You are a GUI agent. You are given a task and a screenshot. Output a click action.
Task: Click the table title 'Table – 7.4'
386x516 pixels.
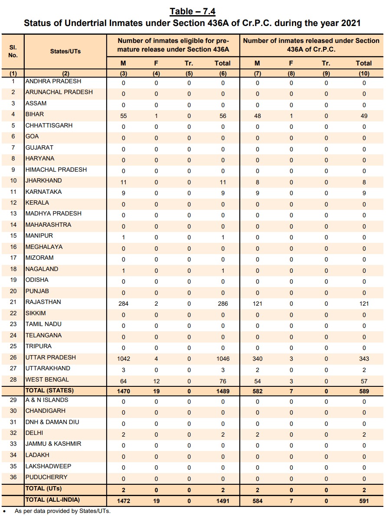coord(193,11)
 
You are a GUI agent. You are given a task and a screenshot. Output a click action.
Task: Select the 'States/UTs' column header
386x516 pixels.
coord(65,51)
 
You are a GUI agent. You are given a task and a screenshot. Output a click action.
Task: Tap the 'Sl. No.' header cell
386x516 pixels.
coord(13,51)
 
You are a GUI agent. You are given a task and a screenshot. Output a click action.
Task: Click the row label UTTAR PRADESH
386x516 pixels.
coord(51,357)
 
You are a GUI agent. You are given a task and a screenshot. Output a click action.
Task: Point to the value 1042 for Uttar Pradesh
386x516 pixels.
coord(123,359)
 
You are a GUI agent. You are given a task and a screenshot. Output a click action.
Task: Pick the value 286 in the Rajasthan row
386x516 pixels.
coord(222,304)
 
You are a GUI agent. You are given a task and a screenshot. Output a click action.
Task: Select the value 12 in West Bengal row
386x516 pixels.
coord(156,381)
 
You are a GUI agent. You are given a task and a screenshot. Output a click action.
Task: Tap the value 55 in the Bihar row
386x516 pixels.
coord(123,116)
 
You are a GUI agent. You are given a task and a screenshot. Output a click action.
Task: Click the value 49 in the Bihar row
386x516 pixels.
coord(364,116)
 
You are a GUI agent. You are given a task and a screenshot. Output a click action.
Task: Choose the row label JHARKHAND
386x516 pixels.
coord(44,180)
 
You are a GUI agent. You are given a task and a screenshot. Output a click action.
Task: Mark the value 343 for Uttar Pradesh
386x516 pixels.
coord(364,359)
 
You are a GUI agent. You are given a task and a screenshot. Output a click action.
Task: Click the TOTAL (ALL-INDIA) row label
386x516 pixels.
coord(52,500)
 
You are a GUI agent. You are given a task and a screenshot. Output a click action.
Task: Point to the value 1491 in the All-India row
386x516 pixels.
coord(222,501)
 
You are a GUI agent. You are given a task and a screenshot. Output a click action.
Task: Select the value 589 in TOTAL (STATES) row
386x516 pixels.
coord(364,391)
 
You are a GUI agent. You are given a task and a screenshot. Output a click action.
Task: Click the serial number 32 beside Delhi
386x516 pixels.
coord(13,433)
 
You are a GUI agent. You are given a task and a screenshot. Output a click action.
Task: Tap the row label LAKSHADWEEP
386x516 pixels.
coord(48,466)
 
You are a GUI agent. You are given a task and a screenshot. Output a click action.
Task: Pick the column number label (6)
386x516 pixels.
coord(222,74)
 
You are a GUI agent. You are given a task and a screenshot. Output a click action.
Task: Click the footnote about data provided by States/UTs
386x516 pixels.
coord(62,511)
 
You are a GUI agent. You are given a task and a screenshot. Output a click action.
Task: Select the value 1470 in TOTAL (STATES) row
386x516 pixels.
coord(123,391)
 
